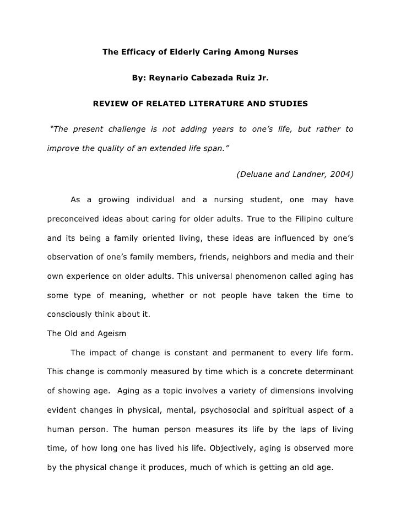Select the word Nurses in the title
[281, 53]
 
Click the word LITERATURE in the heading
[216, 104]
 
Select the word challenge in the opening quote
[123, 129]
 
